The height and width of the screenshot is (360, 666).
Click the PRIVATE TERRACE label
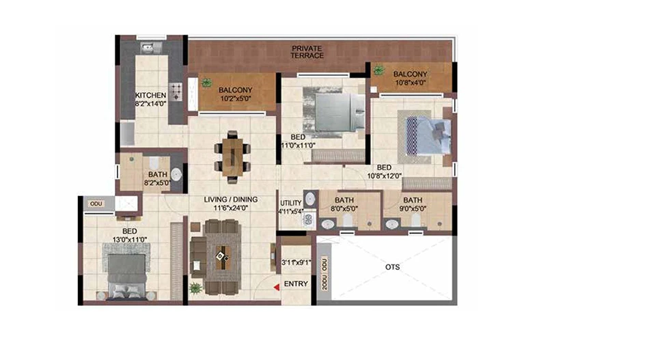pos(307,52)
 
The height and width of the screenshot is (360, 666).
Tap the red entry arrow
pos(277,288)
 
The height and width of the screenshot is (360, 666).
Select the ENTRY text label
pos(296,283)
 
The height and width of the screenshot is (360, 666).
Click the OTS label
pos(393,267)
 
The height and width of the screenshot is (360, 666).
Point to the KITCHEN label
pos(150,95)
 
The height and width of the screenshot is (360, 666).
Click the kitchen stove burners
pos(176,92)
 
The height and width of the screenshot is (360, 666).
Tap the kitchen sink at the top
pos(149,47)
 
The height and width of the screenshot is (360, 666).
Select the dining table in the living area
pos(232,156)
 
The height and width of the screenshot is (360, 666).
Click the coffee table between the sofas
pos(223,257)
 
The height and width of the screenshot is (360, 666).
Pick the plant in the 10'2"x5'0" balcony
pos(206,83)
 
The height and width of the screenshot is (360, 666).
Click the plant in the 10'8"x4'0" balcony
pos(378,69)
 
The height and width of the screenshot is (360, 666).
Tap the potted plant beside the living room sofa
pos(195,289)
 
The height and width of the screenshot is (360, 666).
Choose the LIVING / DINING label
pos(231,199)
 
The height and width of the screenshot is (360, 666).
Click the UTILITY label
pos(291,203)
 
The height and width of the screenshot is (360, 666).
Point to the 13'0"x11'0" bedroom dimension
pos(130,240)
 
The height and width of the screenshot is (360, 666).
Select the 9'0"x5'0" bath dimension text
pos(413,208)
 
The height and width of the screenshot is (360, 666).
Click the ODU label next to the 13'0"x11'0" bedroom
pos(96,204)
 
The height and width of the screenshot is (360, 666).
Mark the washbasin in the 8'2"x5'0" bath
pos(176,174)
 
